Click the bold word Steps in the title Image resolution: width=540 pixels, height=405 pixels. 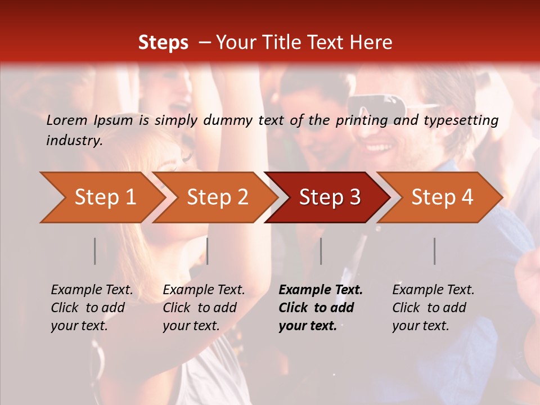163,43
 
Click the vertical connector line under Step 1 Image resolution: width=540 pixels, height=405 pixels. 95,251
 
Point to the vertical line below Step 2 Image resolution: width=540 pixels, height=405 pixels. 208,251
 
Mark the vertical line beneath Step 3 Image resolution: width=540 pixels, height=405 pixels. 321,251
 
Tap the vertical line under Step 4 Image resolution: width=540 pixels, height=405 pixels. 434,251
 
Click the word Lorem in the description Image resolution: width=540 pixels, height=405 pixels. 66,120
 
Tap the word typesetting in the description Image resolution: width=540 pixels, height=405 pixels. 458,120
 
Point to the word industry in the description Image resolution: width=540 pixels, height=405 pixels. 74,141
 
